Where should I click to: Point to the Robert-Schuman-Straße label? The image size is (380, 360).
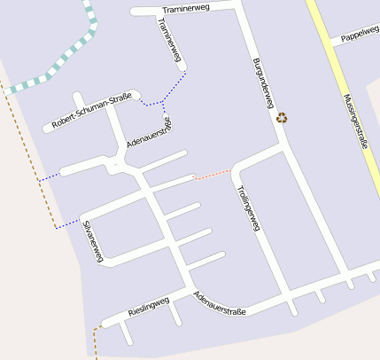[x=92, y=110]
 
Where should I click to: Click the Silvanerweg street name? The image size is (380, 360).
[x=93, y=240]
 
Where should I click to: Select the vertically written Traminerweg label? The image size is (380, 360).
[x=169, y=42]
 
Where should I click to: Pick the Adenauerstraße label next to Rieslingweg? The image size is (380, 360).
[x=219, y=304]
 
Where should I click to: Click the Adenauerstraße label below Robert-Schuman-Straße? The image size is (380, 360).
[x=150, y=130]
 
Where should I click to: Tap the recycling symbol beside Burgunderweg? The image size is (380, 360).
[x=282, y=117]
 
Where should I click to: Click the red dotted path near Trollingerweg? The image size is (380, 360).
[x=213, y=174]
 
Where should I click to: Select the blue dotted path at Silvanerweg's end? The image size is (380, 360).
[x=67, y=225]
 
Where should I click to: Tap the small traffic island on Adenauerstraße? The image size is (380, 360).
[x=116, y=164]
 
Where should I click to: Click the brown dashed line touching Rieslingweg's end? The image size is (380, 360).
[x=95, y=339]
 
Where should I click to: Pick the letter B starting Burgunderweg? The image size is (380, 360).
[x=255, y=59]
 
